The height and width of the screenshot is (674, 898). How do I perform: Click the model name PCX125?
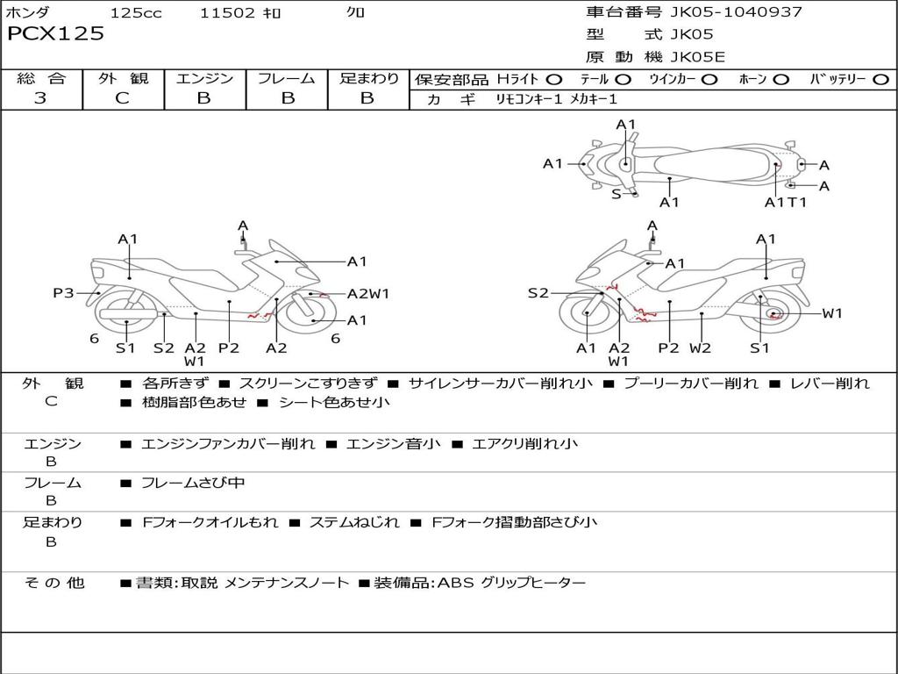coord(56,34)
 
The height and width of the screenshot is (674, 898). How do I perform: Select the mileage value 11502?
coord(228,13)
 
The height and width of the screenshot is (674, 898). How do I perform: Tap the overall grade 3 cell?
coord(40,98)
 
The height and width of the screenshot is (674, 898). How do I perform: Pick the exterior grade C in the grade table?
coord(122,98)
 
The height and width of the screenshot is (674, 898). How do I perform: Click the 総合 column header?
coord(40,79)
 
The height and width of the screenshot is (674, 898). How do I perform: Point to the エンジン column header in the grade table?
coord(204,79)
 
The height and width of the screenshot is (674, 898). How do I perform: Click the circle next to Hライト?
coord(554,80)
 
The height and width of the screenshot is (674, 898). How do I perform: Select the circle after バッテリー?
coord(880,80)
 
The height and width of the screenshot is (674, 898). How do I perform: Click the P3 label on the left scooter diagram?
coord(63,293)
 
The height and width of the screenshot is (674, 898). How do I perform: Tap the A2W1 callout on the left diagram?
coord(368,294)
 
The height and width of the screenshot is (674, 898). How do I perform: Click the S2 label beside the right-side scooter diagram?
coord(538,293)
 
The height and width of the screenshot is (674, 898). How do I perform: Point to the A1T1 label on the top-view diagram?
coord(785,203)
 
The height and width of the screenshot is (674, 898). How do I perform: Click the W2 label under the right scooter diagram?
coord(700,348)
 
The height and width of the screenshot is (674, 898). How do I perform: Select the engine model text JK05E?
coord(698,57)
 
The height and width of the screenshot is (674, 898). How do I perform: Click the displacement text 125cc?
coord(135,13)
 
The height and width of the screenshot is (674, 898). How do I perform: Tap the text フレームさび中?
coord(193,483)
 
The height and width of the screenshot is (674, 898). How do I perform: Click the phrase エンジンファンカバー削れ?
coord(228,444)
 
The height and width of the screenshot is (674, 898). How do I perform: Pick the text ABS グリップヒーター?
coord(511,583)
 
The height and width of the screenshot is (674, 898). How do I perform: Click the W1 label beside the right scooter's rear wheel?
coord(831,313)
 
